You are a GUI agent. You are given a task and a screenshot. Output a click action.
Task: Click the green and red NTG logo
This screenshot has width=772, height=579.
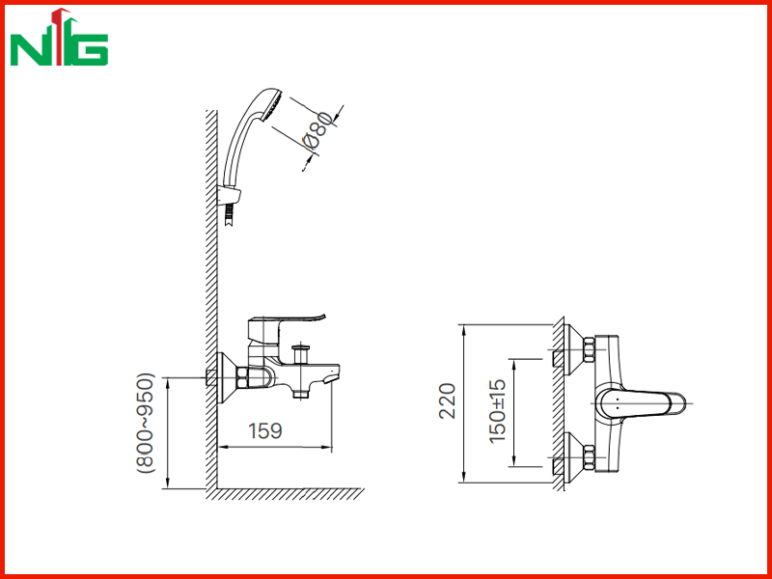[x=59, y=38]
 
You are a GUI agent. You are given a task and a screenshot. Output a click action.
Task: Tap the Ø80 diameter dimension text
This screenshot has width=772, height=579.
[x=318, y=130]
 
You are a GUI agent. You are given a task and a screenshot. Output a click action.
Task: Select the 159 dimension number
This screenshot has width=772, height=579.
[x=265, y=430]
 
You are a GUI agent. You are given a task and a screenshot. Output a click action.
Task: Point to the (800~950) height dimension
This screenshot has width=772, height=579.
[x=146, y=424]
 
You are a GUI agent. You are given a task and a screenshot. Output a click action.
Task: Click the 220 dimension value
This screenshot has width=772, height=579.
[x=448, y=400]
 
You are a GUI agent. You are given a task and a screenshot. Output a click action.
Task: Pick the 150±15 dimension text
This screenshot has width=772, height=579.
[x=497, y=411]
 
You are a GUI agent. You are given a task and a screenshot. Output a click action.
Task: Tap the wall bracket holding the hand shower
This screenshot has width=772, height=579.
[x=230, y=196]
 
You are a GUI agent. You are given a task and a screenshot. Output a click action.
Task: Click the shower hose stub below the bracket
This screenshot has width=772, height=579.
[x=229, y=215]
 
